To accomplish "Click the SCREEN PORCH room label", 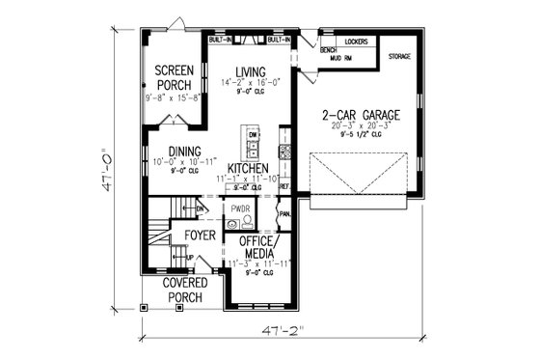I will click(175, 78).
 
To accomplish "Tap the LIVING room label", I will click(251, 72).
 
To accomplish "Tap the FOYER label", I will click(200, 235).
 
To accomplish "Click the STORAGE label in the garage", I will click(399, 57).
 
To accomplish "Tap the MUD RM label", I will click(330, 57).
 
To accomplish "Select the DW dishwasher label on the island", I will click(253, 134).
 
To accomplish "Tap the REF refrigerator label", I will click(284, 183).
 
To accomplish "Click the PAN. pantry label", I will click(284, 213).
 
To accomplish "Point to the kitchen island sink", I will click(252, 149).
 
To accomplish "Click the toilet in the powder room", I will click(247, 219).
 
